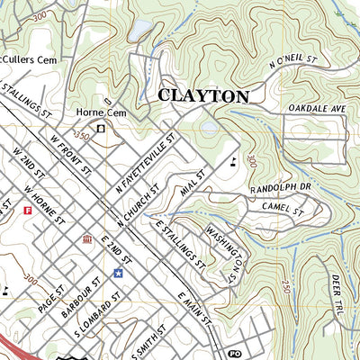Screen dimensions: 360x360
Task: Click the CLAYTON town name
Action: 203,95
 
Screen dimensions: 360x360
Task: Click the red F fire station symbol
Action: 28,211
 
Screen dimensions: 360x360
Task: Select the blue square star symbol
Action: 118,273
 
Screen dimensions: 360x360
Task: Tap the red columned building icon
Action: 87,239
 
